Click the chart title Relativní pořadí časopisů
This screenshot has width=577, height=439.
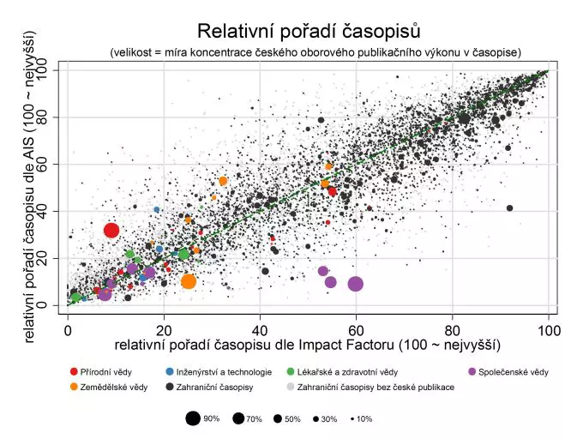coord(309,32)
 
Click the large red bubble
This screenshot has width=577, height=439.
coord(111,230)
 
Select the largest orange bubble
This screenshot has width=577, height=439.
coord(189,281)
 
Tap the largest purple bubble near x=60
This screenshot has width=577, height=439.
coord(355,284)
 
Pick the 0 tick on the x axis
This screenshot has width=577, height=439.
coord(68,329)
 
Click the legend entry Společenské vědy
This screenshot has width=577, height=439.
coord(512,372)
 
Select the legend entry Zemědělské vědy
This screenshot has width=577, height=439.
coord(108,388)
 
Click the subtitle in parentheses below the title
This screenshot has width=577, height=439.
coord(315,53)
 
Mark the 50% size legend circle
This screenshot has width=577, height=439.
coord(279,418)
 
